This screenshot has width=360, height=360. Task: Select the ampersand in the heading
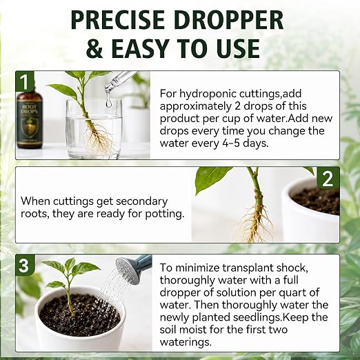[94, 48]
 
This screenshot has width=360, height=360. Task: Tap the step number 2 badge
[328, 179]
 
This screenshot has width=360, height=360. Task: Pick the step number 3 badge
[24, 266]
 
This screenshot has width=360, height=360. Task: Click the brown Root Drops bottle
[30, 119]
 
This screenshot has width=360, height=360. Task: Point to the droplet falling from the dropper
[108, 102]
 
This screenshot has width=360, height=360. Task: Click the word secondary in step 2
[141, 201]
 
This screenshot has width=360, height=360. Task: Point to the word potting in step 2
[165, 214]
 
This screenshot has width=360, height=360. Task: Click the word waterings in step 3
[186, 342]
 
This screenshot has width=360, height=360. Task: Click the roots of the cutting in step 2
[256, 224]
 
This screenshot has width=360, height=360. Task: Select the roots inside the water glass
[99, 137]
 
